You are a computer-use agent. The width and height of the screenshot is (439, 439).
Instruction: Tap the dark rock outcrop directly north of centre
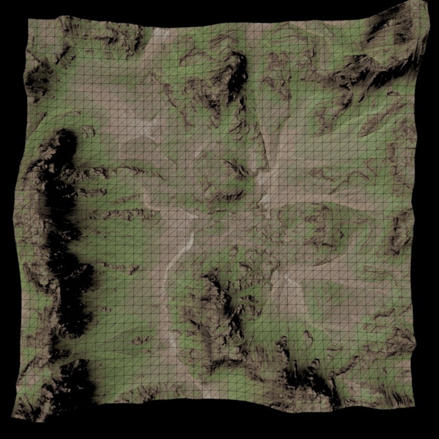pos(236,167)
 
